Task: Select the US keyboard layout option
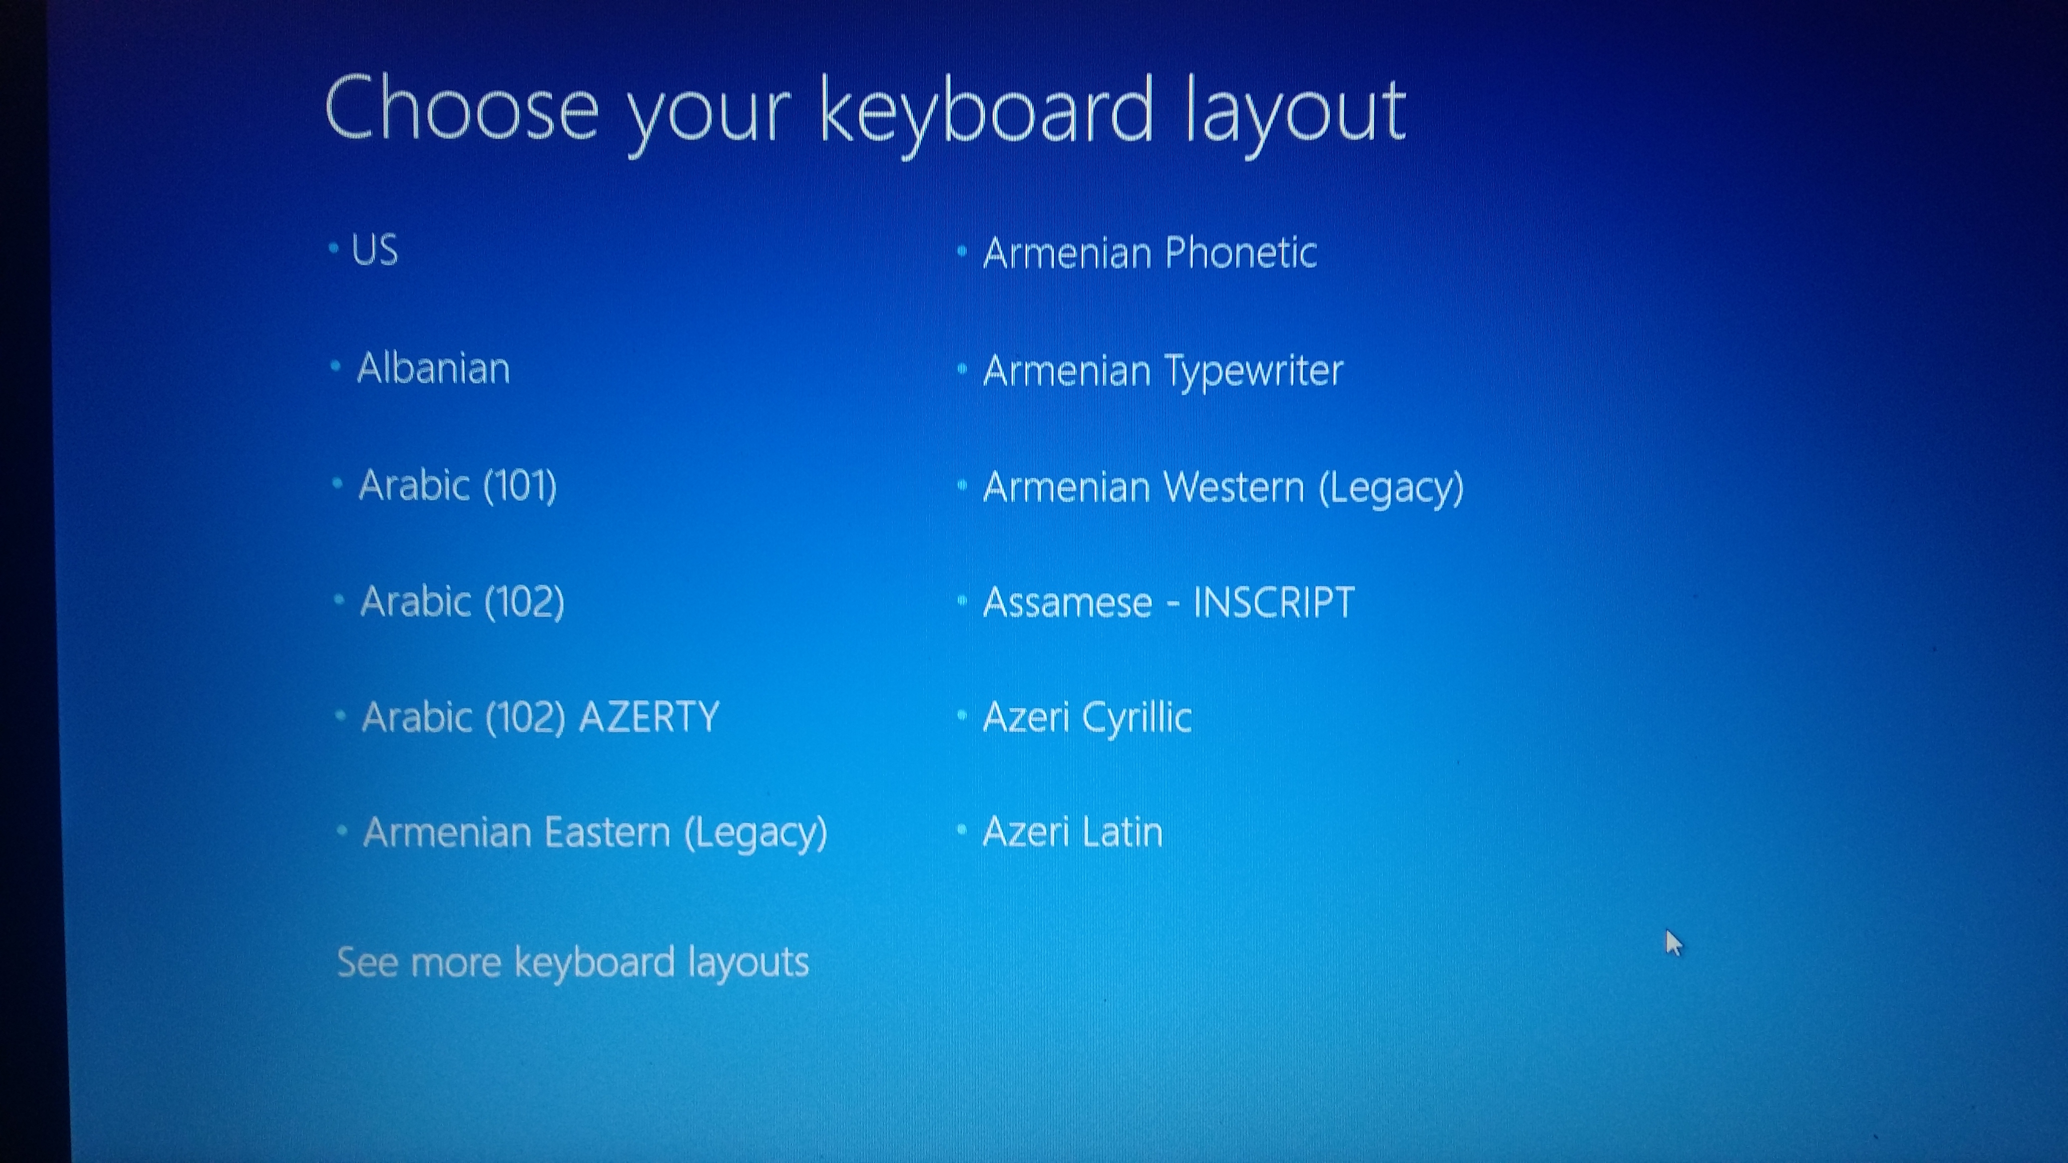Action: point(374,249)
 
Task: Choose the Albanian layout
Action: point(433,369)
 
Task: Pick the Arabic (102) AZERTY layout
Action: point(540,717)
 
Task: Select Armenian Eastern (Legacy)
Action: point(595,832)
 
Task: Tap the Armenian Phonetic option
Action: point(1150,253)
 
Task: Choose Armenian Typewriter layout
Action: point(1162,371)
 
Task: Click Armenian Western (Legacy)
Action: point(1223,487)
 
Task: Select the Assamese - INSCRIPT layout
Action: point(1168,602)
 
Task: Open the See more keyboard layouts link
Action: point(573,962)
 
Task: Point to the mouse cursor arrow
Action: point(1674,943)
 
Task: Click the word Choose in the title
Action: point(461,108)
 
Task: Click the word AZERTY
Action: point(649,717)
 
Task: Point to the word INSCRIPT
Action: point(1273,602)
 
